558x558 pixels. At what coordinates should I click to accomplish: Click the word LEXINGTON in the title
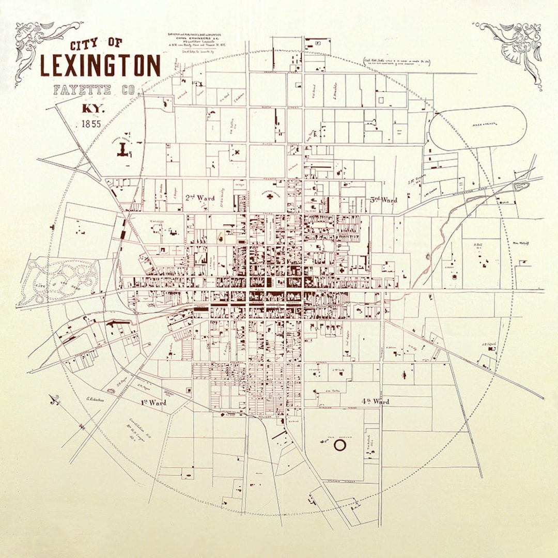pyautogui.click(x=100, y=66)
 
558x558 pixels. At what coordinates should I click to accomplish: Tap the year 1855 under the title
pyautogui.click(x=91, y=124)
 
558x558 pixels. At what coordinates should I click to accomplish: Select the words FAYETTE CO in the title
pyautogui.click(x=97, y=91)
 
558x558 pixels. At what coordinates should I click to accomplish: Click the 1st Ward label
pyautogui.click(x=153, y=402)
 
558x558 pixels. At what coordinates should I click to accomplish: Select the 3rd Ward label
pyautogui.click(x=384, y=199)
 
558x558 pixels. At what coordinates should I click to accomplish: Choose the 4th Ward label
pyautogui.click(x=375, y=401)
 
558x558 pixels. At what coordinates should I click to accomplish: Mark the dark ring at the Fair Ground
pyautogui.click(x=339, y=444)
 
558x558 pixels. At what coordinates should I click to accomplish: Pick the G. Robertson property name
pyautogui.click(x=96, y=399)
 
